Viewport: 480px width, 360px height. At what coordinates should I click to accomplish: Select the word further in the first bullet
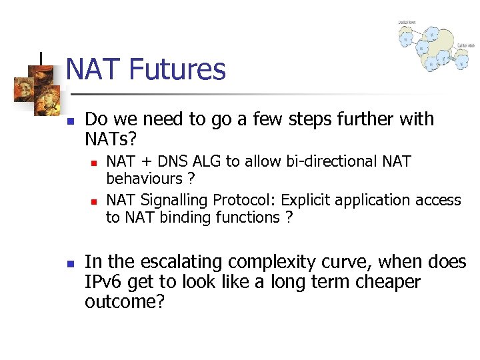tap(372, 119)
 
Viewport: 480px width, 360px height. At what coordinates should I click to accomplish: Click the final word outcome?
tap(125, 301)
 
